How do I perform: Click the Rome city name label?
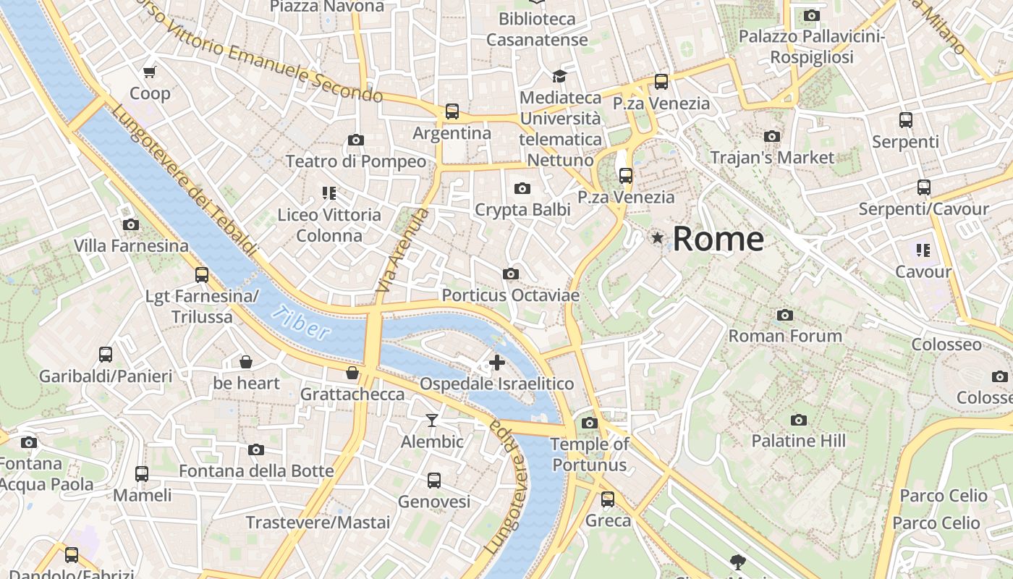click(718, 239)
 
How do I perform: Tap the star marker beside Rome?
click(658, 237)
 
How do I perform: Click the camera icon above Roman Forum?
click(785, 315)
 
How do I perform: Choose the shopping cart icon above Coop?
click(150, 72)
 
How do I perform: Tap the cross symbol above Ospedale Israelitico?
click(497, 363)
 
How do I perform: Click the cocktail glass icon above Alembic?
click(432, 420)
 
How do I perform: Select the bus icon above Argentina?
click(452, 111)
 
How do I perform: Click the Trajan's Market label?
click(772, 157)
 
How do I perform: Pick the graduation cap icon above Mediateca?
click(559, 76)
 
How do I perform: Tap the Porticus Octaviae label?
click(511, 295)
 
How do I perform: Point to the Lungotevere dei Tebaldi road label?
click(185, 180)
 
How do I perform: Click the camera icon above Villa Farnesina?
click(131, 224)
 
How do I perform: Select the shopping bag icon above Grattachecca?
click(352, 373)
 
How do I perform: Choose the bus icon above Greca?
click(608, 499)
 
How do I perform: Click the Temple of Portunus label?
click(590, 455)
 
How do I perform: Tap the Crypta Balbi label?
click(522, 210)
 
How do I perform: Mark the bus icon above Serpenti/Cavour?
click(923, 187)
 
